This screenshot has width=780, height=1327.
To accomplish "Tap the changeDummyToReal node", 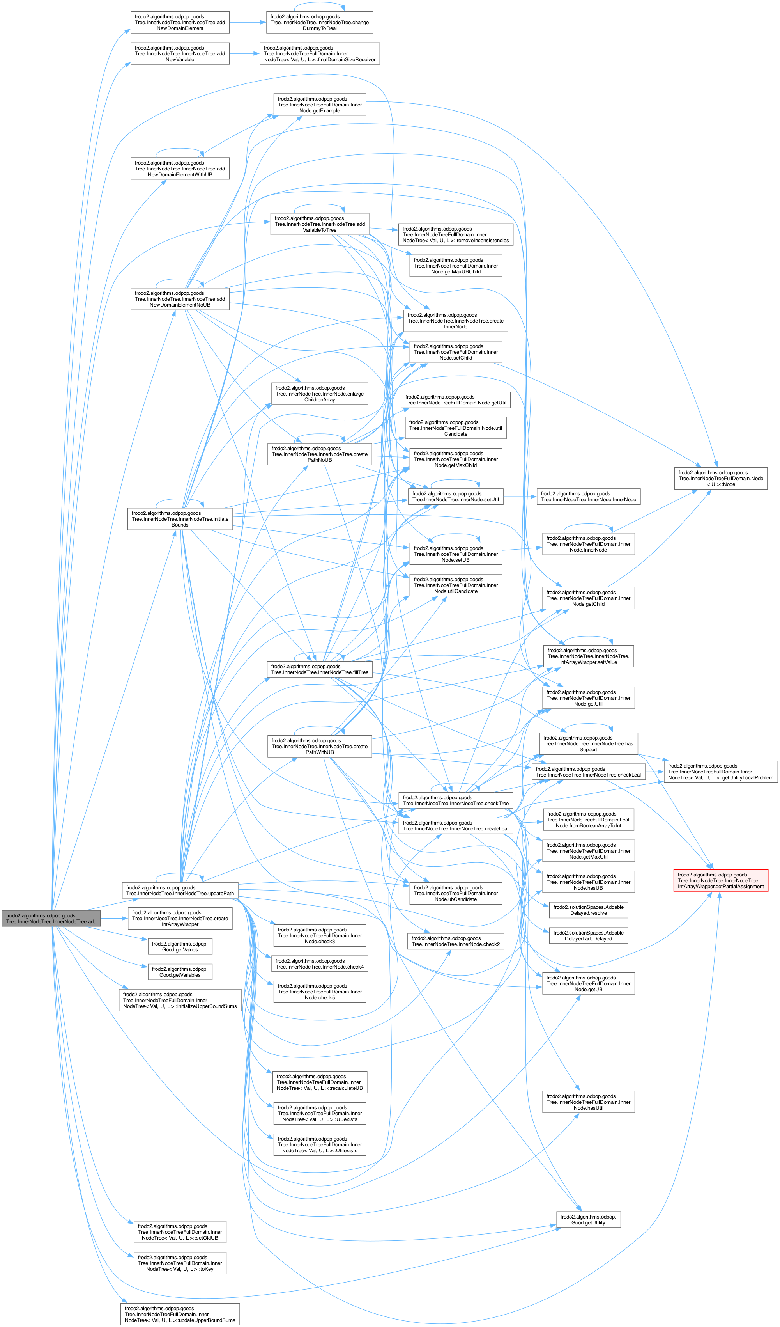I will click(320, 22).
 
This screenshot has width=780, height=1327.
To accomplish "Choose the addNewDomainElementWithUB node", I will click(180, 169).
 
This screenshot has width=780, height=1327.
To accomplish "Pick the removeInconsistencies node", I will click(455, 234).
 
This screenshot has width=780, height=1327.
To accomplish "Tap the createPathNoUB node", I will click(320, 454).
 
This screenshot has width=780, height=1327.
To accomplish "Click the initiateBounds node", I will click(180, 519).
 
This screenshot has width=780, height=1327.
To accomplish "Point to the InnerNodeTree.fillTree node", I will click(320, 669).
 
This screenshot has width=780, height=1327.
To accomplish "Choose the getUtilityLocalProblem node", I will click(720, 772).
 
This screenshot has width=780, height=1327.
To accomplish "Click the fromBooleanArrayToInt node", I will click(588, 820).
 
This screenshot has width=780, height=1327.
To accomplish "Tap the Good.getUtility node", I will click(588, 1220).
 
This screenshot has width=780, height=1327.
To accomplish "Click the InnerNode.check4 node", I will click(320, 963).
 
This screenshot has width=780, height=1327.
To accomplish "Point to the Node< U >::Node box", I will click(720, 478).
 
